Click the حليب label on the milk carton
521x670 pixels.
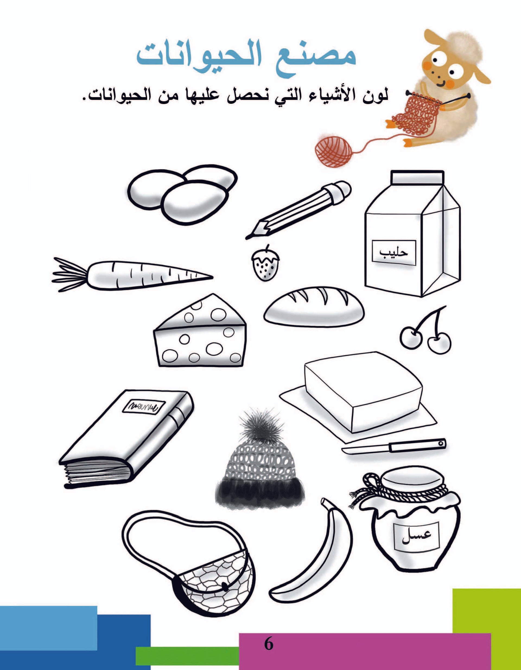[x=394, y=253]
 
